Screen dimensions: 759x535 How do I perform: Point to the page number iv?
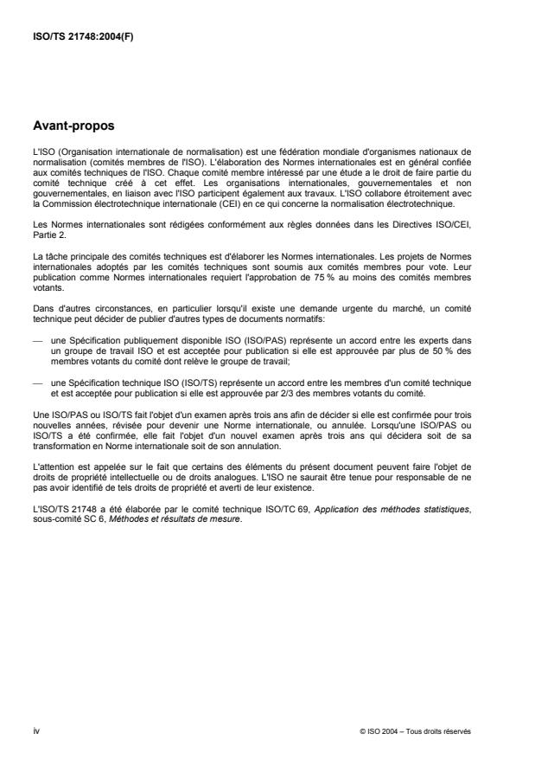pyautogui.click(x=35, y=730)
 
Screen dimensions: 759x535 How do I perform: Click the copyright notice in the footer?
pyautogui.click(x=415, y=730)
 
